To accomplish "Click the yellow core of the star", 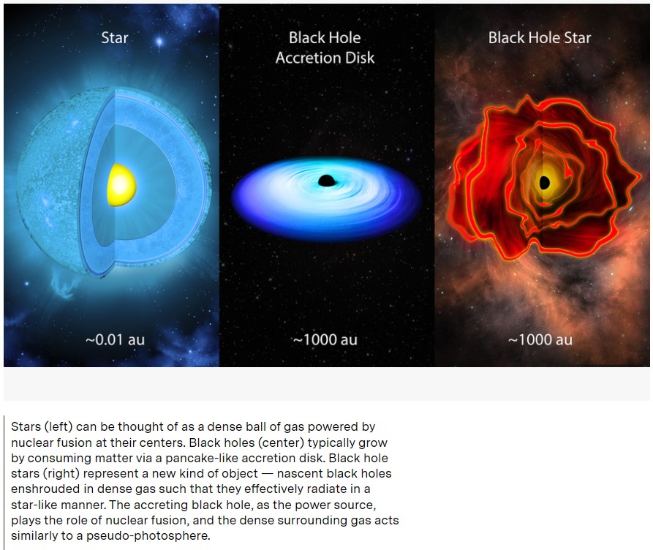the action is pyautogui.click(x=121, y=185).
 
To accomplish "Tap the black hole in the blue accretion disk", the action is pyautogui.click(x=326, y=181).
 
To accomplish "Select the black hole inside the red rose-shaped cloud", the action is pyautogui.click(x=544, y=183).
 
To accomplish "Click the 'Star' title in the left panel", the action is pyautogui.click(x=115, y=38).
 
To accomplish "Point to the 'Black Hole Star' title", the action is pyautogui.click(x=540, y=38).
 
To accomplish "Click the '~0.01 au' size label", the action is pyautogui.click(x=115, y=339).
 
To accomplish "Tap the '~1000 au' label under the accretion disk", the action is pyautogui.click(x=325, y=339).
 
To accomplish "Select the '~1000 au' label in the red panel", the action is pyautogui.click(x=540, y=339).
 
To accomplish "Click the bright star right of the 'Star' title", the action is pyautogui.click(x=159, y=41).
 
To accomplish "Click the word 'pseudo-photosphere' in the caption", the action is pyautogui.click(x=148, y=536).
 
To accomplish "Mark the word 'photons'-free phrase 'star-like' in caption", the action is pyautogui.click(x=37, y=505).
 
